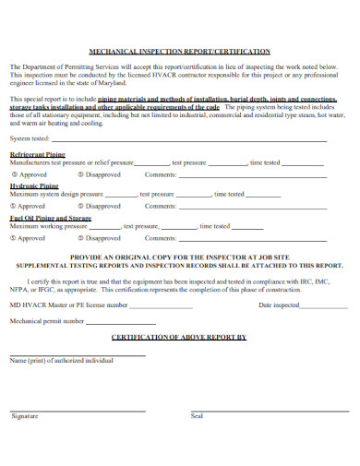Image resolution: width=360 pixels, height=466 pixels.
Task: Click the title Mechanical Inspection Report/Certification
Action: click(x=179, y=52)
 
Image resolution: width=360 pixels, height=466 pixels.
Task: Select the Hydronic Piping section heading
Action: click(x=35, y=185)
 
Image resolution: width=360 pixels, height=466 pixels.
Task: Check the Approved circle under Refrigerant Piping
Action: click(x=13, y=173)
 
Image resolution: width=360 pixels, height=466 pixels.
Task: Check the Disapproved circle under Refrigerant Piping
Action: click(x=81, y=173)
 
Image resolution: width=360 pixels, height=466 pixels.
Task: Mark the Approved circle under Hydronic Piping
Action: click(x=13, y=206)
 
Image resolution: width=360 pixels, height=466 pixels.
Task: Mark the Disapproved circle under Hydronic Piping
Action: click(x=81, y=206)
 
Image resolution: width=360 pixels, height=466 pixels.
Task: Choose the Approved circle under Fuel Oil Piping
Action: click(x=13, y=237)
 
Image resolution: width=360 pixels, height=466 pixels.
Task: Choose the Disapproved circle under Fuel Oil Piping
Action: click(x=81, y=237)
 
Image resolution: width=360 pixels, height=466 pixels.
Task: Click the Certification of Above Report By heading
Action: click(x=179, y=338)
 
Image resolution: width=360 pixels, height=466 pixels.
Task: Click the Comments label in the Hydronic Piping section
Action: click(x=161, y=206)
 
